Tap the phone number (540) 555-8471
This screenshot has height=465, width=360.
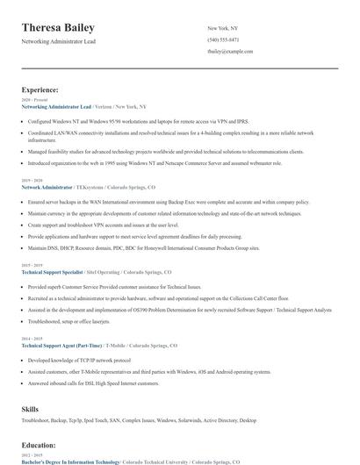[x=223, y=40]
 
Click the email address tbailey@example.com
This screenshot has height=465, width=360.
[x=230, y=52]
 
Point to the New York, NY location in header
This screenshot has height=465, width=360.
[x=222, y=28]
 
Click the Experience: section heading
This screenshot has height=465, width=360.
[x=40, y=89]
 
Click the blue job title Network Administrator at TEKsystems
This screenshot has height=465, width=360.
[x=48, y=187]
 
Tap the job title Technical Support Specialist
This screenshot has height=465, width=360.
[x=58, y=272]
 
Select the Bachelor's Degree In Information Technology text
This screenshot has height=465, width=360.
[x=70, y=461]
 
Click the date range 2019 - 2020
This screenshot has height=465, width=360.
[x=32, y=181]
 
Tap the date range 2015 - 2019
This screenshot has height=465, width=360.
[x=32, y=266]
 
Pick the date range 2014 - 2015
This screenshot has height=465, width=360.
[x=32, y=339]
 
